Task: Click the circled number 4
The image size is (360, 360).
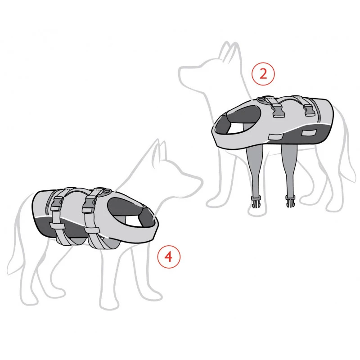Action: (x=168, y=256)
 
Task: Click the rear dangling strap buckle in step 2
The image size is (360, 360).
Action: (x=289, y=201)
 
